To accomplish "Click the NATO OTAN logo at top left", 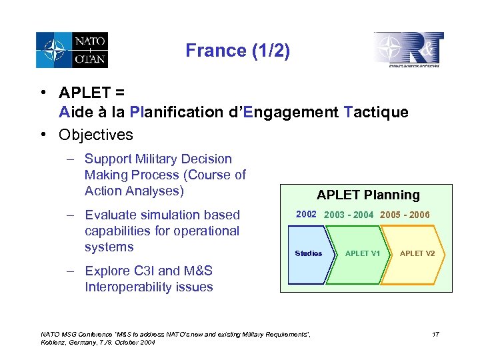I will [x=72, y=51].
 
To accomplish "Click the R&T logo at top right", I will [x=409, y=50].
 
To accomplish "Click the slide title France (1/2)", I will [x=237, y=51].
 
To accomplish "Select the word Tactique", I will [x=376, y=112].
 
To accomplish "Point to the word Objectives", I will [x=96, y=135].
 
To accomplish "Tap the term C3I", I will [x=143, y=271].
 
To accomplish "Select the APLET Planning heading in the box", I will [x=368, y=195].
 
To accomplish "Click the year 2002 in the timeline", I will [x=306, y=214].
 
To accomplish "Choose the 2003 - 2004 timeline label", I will [x=349, y=215].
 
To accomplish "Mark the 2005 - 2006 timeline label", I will [x=405, y=215].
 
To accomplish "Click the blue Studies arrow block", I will [x=309, y=253].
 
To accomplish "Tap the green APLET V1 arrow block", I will [x=362, y=253].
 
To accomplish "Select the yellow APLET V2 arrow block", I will [x=417, y=253].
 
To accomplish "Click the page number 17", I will [x=435, y=333].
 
